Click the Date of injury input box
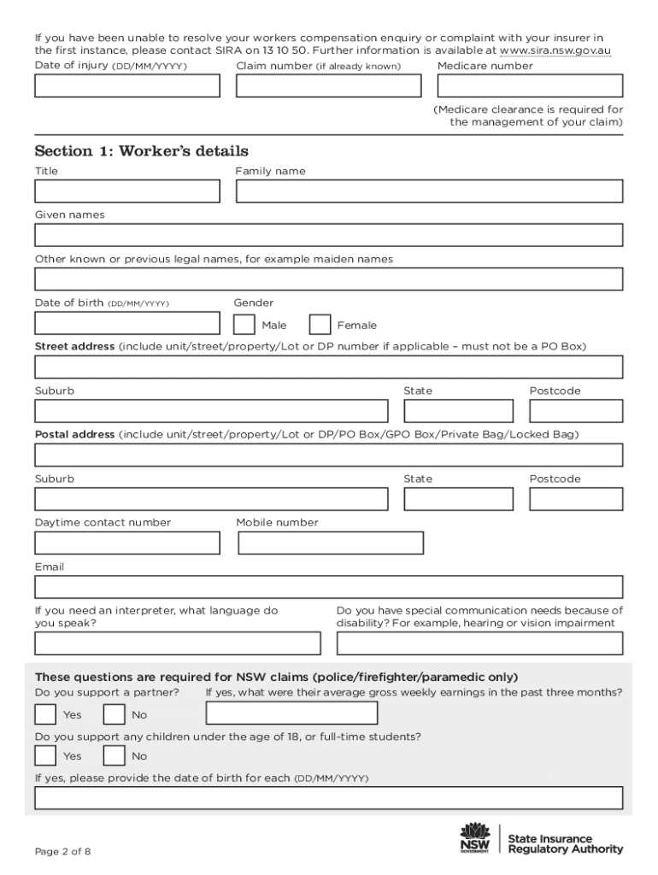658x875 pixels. [126, 86]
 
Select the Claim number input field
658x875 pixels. [328, 86]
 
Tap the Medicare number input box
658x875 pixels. [530, 86]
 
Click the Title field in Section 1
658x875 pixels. [126, 191]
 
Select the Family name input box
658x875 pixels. [429, 191]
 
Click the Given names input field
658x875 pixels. [328, 235]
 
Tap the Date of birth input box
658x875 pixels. [126, 323]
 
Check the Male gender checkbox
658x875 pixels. [244, 325]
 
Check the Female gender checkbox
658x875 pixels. [320, 325]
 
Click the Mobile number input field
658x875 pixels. [331, 543]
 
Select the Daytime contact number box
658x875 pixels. [126, 543]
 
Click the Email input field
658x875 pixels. [328, 587]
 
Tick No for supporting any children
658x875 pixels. [114, 755]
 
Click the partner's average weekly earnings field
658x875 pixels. [291, 714]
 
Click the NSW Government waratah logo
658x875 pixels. [474, 837]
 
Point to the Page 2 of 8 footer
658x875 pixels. [62, 852]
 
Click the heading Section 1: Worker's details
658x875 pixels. [141, 151]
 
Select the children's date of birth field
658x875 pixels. [328, 798]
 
